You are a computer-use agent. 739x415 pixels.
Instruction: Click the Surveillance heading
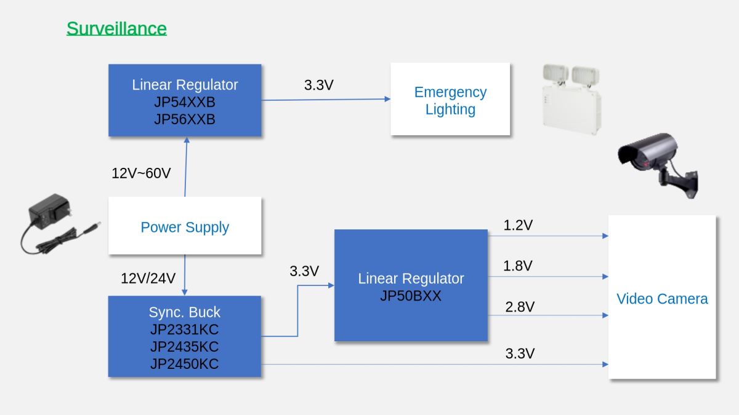(116, 29)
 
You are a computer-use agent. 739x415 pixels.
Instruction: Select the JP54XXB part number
(185, 102)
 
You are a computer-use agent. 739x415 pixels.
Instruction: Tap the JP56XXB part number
(185, 119)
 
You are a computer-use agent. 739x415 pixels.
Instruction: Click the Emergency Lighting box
(450, 99)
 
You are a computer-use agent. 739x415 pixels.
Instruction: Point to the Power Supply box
(185, 226)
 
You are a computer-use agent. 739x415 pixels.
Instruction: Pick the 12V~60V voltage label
(141, 173)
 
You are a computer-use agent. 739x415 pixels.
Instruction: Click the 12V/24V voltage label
(148, 279)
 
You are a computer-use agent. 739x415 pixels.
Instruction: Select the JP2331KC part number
(184, 330)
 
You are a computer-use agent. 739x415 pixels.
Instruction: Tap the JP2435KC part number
(184, 347)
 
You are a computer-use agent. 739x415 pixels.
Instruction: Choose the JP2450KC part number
(184, 364)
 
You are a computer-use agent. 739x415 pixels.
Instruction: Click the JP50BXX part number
(411, 296)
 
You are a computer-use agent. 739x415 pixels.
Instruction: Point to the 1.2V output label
(518, 225)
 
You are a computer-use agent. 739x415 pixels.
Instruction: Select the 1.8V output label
(518, 266)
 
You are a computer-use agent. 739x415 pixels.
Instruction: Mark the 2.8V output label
(520, 307)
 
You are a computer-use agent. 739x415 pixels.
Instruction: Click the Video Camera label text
(662, 299)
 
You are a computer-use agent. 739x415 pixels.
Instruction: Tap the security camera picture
(658, 165)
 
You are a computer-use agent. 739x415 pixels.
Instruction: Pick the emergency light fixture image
(571, 100)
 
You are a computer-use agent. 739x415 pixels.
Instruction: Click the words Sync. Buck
(184, 312)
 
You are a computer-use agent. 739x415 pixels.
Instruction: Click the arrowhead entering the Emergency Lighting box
(387, 99)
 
